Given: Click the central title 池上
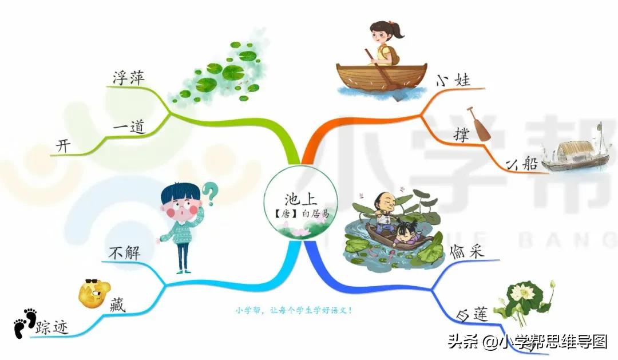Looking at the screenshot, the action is pos(301,199).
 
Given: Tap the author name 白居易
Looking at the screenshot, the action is pos(315,213).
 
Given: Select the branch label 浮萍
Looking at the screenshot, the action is pos(129,77).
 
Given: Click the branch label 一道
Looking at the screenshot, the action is pos(129,127).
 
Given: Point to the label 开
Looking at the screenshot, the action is pos(63,146).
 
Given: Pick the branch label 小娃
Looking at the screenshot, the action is pos(453,80).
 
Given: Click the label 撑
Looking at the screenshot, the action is pos(461,134).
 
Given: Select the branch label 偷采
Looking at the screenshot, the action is pos(467,252).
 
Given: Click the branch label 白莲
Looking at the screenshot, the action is pos(472,315).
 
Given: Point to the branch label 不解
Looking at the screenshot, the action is pos(125,253).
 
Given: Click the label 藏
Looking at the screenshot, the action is pos(117,305).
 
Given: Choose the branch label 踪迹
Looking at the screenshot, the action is pos(52,327).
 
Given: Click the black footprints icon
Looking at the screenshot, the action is pos(25,323).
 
